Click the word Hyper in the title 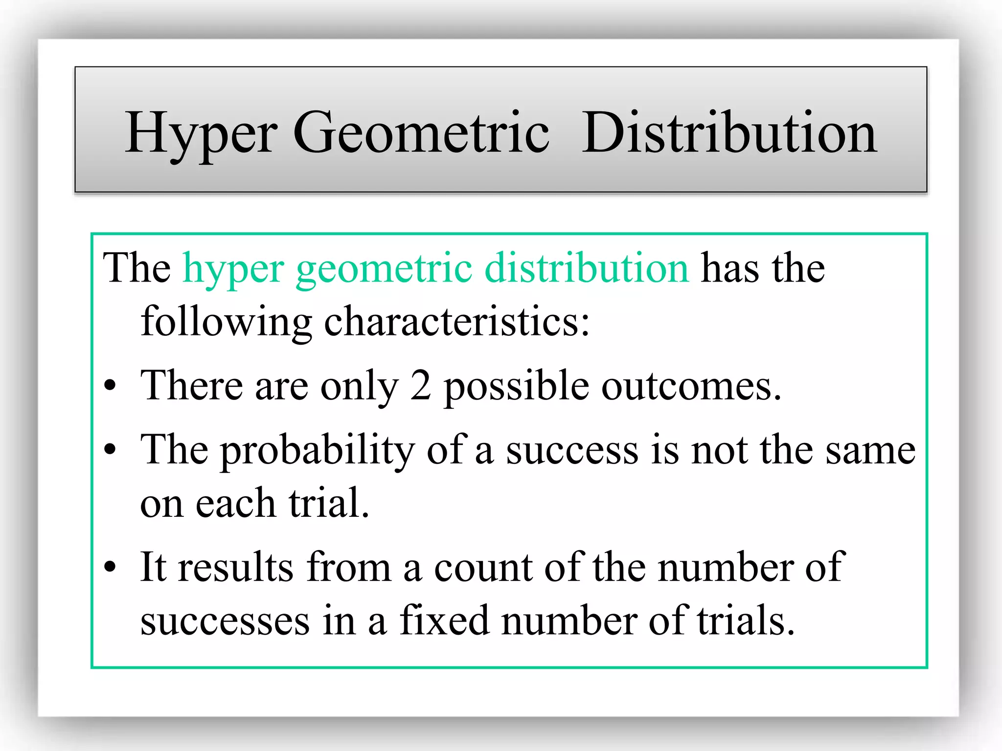pyautogui.click(x=201, y=133)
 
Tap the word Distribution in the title pyautogui.click(x=729, y=133)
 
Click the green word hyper pyautogui.click(x=233, y=269)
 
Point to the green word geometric pyautogui.click(x=384, y=269)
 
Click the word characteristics pyautogui.click(x=457, y=321)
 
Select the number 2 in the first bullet pyautogui.click(x=420, y=386)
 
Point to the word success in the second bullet pyautogui.click(x=572, y=450)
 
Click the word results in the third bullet pyautogui.click(x=236, y=567)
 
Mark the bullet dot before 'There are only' pyautogui.click(x=111, y=386)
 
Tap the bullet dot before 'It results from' pyautogui.click(x=111, y=567)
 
